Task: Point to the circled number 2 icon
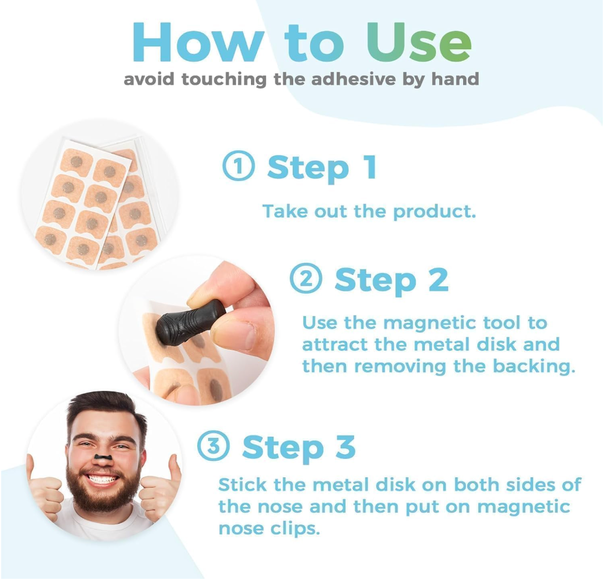305,280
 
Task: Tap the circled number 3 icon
213,447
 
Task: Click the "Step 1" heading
322,168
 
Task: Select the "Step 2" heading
391,280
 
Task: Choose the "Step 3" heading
299,447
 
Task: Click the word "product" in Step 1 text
434,212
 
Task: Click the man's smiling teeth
102,479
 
